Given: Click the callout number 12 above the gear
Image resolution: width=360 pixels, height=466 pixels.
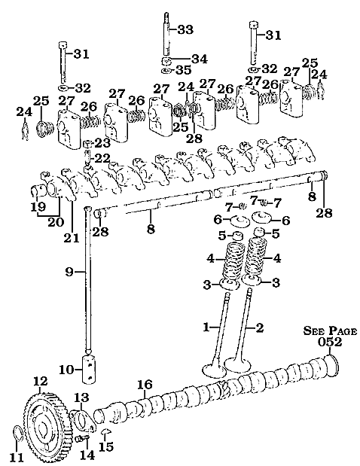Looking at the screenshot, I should (40, 381).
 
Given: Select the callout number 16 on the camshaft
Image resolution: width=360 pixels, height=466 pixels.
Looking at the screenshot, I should (144, 385).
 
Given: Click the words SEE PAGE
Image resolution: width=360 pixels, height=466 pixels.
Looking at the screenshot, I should (331, 330).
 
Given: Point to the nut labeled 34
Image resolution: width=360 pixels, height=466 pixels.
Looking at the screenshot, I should (166, 59).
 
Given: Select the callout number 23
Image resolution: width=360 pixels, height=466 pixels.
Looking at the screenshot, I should (102, 141).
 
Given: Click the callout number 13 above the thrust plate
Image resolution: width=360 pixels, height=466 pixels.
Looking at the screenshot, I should (81, 397).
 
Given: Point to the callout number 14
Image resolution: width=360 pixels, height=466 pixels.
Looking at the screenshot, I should (87, 455).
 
